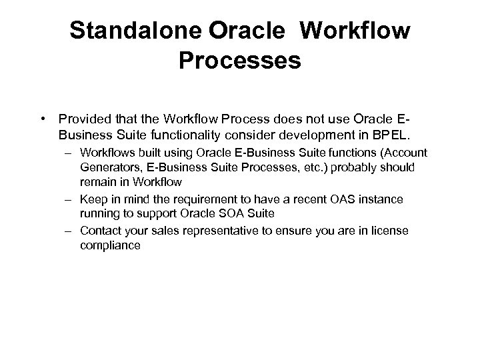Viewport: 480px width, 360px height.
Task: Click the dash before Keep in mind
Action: point(69,199)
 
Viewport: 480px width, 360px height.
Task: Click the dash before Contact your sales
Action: point(69,231)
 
